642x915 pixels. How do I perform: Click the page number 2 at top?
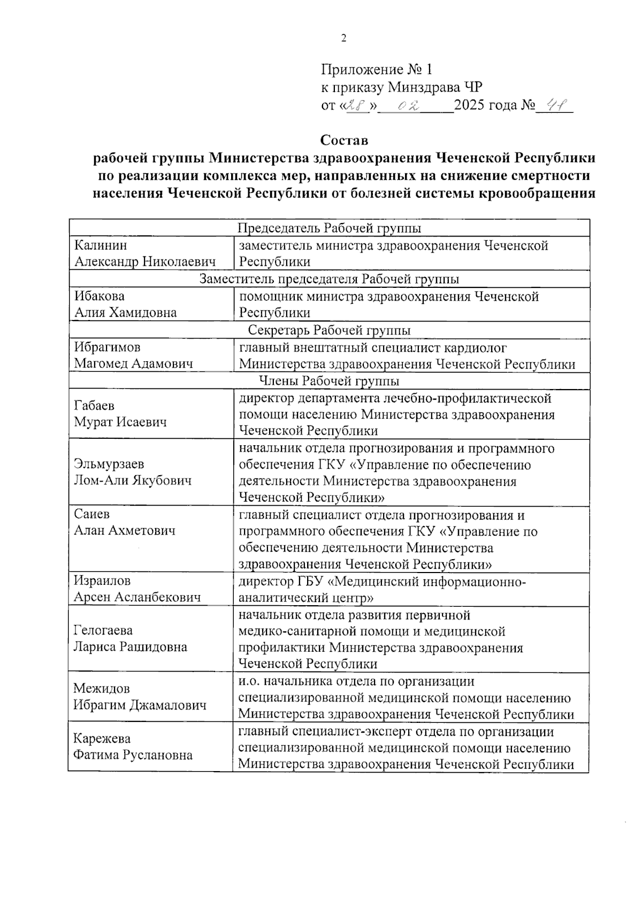coord(344,38)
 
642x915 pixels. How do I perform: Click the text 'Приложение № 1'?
coord(376,70)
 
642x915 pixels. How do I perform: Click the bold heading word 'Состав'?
coord(344,140)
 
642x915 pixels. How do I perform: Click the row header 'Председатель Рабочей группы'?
coord(329,228)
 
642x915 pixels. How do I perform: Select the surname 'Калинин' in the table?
coord(101,245)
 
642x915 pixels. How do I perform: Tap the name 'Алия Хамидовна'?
coord(125,312)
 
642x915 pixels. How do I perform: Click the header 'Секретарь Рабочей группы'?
coord(330,330)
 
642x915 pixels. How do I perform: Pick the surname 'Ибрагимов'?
coord(107,347)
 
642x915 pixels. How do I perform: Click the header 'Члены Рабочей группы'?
coord(329,381)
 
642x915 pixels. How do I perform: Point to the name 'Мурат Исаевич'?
coord(120,422)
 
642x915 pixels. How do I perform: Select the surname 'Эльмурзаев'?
coord(109,464)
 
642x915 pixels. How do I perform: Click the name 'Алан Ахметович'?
coord(124,530)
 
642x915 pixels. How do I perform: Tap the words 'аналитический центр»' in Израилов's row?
coord(305,597)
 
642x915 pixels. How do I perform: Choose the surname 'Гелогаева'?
coord(103,630)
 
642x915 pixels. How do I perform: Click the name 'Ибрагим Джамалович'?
coord(140,705)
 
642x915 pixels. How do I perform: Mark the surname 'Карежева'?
coord(102,738)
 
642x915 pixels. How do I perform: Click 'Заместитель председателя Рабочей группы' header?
coord(329,279)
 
